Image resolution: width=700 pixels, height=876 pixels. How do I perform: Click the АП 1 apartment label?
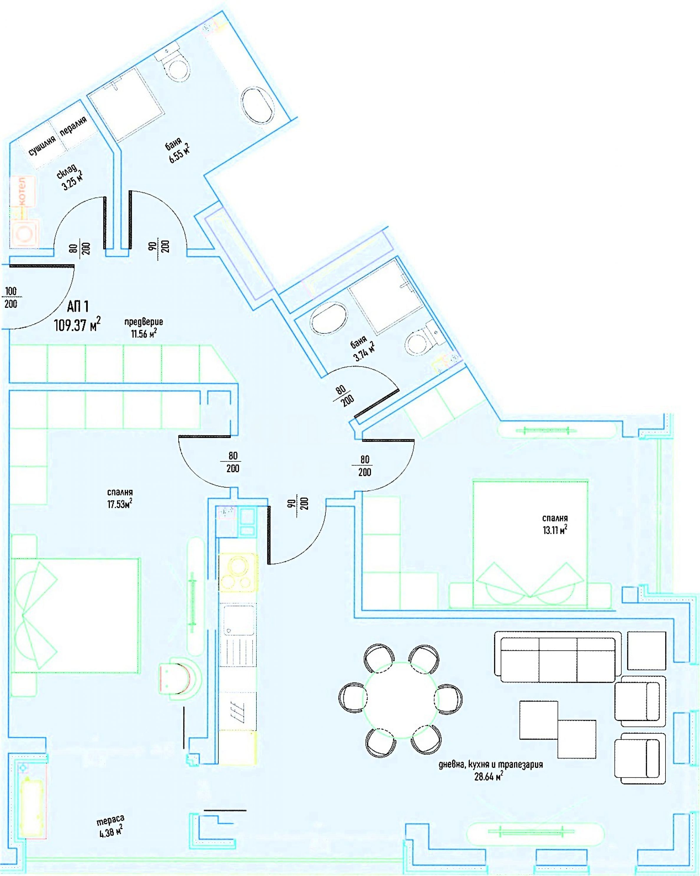(x=78, y=306)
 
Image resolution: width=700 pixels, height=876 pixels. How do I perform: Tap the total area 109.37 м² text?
(x=77, y=324)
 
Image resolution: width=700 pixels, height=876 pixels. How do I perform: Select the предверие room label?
(x=144, y=322)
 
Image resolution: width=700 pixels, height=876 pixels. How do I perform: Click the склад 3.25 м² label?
(x=70, y=178)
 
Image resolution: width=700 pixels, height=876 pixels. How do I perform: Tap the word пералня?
(x=73, y=126)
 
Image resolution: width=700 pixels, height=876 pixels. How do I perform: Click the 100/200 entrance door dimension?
(x=11, y=297)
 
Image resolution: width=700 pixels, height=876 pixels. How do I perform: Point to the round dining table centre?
(x=401, y=700)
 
